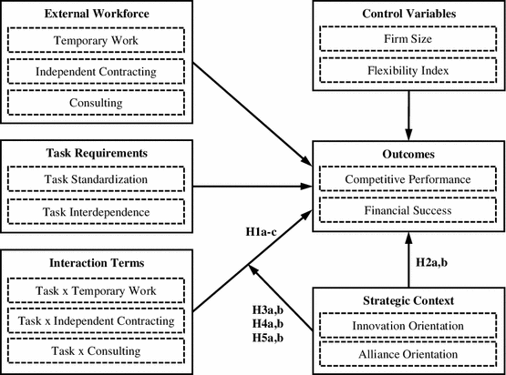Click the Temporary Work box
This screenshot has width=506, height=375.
click(96, 42)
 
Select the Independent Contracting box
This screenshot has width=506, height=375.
click(96, 72)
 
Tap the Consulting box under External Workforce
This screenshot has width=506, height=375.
click(96, 102)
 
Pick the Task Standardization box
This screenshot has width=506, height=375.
click(96, 179)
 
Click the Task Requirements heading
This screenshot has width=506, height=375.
click(96, 153)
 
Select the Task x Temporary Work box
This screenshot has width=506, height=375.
click(96, 291)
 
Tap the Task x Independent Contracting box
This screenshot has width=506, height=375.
click(96, 320)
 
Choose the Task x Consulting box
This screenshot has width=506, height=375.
click(96, 350)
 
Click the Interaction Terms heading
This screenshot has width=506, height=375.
click(96, 265)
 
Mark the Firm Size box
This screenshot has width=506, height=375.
click(409, 42)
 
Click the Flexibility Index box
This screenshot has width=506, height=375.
click(409, 72)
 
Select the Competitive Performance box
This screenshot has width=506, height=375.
click(409, 179)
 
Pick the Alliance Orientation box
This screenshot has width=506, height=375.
click(409, 356)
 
